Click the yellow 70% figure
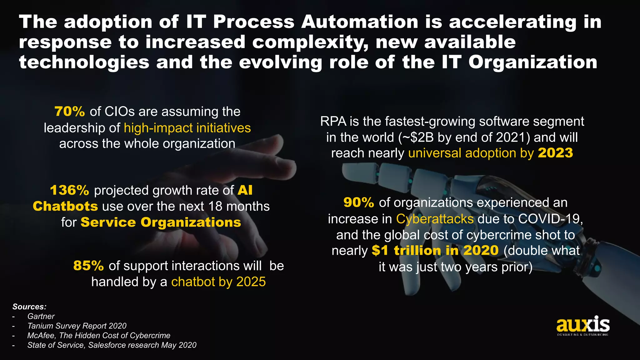69,112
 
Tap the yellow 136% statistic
69,190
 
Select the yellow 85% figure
88,266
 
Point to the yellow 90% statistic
358,203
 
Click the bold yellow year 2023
555,153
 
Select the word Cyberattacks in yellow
435,219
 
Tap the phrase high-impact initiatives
187,128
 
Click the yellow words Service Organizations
161,222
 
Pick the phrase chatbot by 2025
218,282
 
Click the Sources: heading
29,307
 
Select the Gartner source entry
41,316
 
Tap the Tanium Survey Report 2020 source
77,326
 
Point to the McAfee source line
99,336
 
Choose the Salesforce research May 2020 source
112,345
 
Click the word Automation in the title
359,22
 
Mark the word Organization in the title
532,62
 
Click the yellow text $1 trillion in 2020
435,251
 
